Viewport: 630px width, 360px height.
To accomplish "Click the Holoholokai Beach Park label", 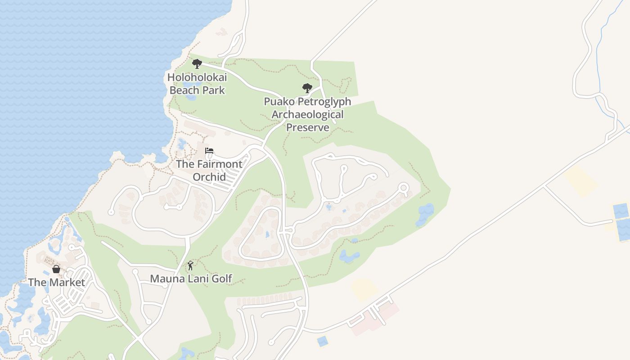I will tap(197, 84).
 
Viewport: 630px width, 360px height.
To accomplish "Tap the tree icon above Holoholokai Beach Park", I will tap(197, 63).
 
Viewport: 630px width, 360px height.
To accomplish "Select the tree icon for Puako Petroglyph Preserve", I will tap(307, 88).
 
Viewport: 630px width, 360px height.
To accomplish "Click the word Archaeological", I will tap(307, 115).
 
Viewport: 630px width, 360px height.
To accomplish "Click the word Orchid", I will tap(209, 177).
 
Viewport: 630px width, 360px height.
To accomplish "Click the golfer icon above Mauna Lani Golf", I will tap(190, 265).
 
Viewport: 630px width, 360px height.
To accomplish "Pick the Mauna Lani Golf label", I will tap(191, 279).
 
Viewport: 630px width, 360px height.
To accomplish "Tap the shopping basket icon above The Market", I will tap(56, 269).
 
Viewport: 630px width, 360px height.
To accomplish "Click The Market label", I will tap(57, 283).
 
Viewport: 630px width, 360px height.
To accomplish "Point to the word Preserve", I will tap(308, 127).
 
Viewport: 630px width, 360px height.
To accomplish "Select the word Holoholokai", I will tap(197, 77).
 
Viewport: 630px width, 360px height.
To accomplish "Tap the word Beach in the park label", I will tap(184, 90).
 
